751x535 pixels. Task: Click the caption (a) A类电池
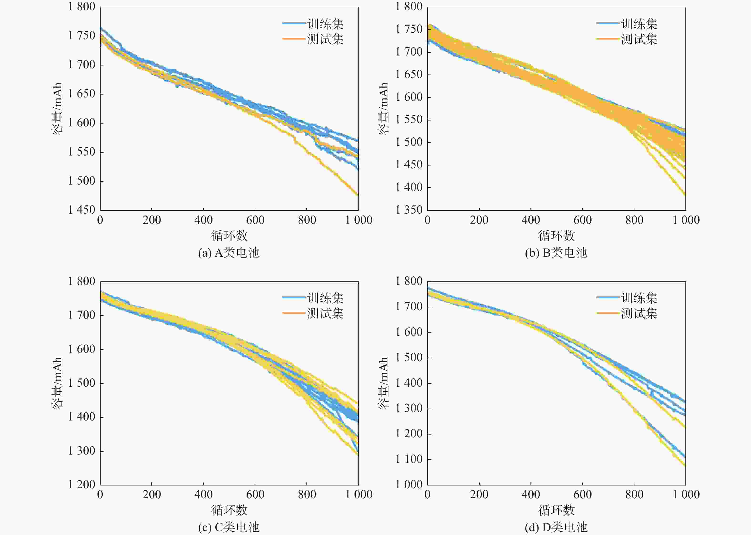(x=229, y=253)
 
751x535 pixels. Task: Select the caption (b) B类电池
(x=556, y=253)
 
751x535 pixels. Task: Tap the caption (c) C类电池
(x=229, y=527)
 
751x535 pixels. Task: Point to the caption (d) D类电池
(x=556, y=527)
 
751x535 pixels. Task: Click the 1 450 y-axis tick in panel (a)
(x=82, y=210)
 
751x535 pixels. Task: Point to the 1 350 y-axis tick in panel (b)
(x=409, y=210)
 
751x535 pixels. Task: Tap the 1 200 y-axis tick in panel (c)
(x=82, y=485)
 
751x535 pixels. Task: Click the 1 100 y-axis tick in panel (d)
(x=409, y=459)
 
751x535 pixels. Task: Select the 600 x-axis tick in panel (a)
(x=255, y=220)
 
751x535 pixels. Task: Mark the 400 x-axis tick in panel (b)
(x=531, y=220)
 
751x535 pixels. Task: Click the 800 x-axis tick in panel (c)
(x=307, y=495)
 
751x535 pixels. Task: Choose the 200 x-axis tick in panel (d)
(x=479, y=495)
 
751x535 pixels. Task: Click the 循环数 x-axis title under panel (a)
(x=229, y=235)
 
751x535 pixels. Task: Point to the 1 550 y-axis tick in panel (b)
(x=409, y=120)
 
